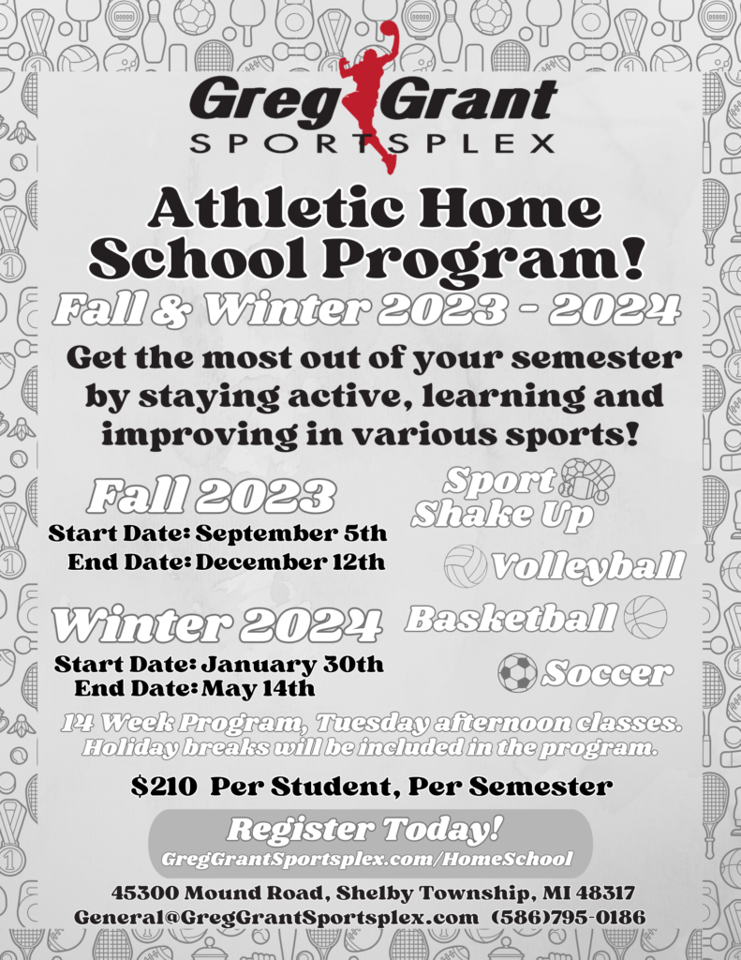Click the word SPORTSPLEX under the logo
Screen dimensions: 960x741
click(371, 143)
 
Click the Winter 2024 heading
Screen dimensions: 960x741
click(216, 624)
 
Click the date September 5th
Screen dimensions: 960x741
click(291, 534)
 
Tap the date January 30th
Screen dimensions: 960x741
click(292, 665)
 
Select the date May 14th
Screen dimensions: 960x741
click(258, 689)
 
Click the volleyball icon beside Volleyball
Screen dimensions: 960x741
click(466, 565)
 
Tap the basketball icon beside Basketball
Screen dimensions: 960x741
click(645, 617)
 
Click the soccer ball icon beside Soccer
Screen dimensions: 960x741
click(517, 672)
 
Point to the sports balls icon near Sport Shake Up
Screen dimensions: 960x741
click(587, 480)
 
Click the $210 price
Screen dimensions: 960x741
click(164, 786)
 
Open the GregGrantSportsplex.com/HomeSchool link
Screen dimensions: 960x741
click(366, 859)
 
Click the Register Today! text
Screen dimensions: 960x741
click(365, 829)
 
